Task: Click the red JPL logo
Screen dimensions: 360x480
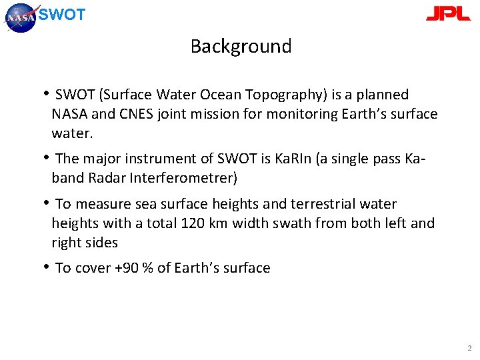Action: (448, 13)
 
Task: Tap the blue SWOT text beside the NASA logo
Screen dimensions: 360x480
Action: (62, 15)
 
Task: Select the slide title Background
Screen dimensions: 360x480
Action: (241, 46)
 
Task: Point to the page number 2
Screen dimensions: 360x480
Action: (469, 348)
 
